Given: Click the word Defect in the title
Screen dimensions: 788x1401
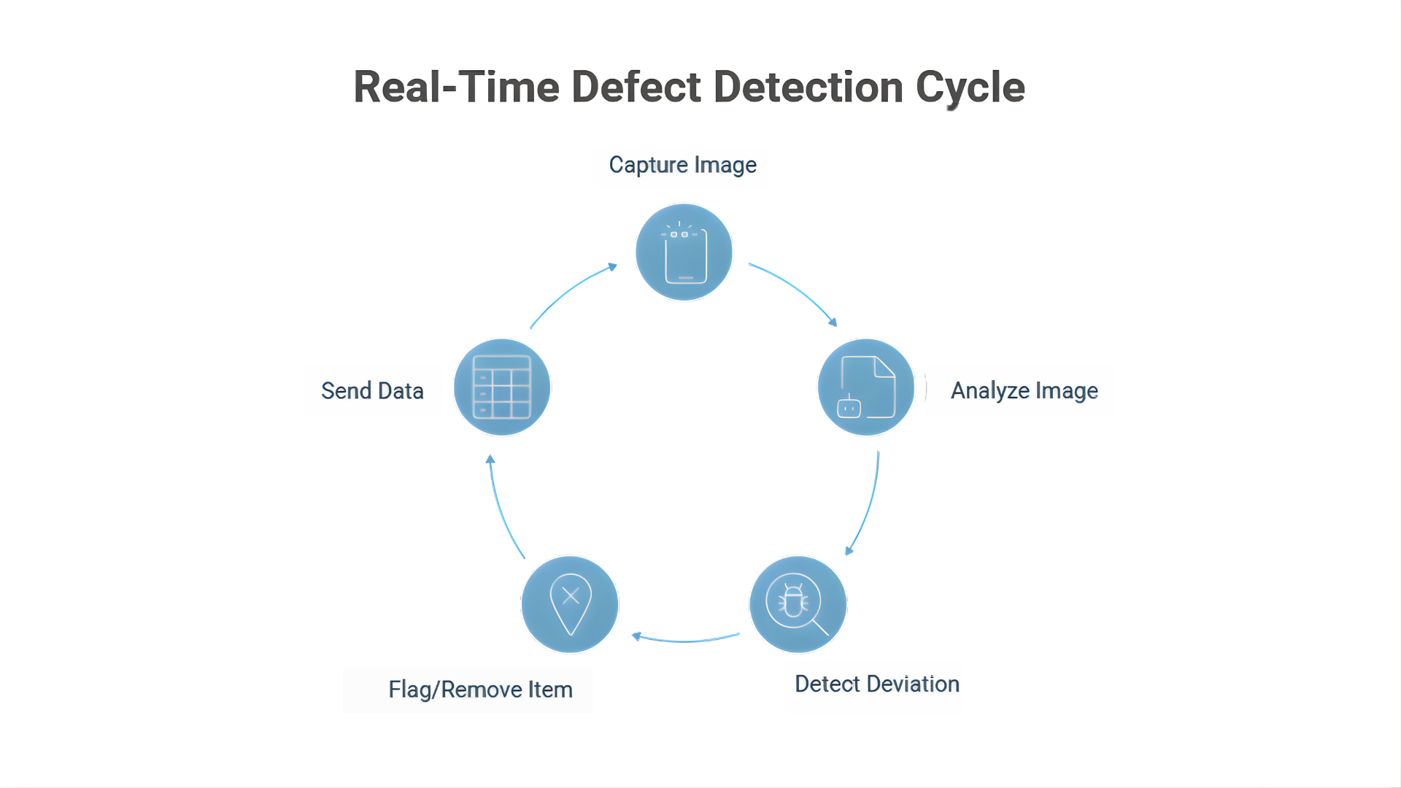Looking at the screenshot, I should click(x=637, y=88).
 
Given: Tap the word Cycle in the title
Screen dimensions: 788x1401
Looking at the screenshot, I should click(x=970, y=88).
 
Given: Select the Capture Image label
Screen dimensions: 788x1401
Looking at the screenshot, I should click(x=682, y=165).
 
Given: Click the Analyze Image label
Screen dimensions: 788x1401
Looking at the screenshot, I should click(x=1024, y=391).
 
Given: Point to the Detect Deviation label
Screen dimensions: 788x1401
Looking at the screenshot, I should click(x=876, y=684).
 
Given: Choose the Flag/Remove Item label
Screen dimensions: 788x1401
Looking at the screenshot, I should click(x=480, y=689).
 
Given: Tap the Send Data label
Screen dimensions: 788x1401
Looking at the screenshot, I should click(x=372, y=391).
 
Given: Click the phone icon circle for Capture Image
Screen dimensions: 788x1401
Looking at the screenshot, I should click(x=684, y=252).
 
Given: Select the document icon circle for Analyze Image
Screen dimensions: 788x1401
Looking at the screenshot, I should click(x=866, y=387).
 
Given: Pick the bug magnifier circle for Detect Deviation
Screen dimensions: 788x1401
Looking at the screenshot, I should click(x=798, y=605).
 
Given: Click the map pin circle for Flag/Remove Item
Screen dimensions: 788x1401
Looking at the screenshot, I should click(x=570, y=605).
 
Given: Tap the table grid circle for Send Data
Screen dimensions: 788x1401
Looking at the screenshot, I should click(x=502, y=387).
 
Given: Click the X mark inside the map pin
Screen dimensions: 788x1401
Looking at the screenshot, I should click(x=571, y=595).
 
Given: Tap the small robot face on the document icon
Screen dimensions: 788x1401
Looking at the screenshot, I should click(x=849, y=408).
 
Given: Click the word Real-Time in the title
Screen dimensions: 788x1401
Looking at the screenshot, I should click(x=455, y=88).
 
